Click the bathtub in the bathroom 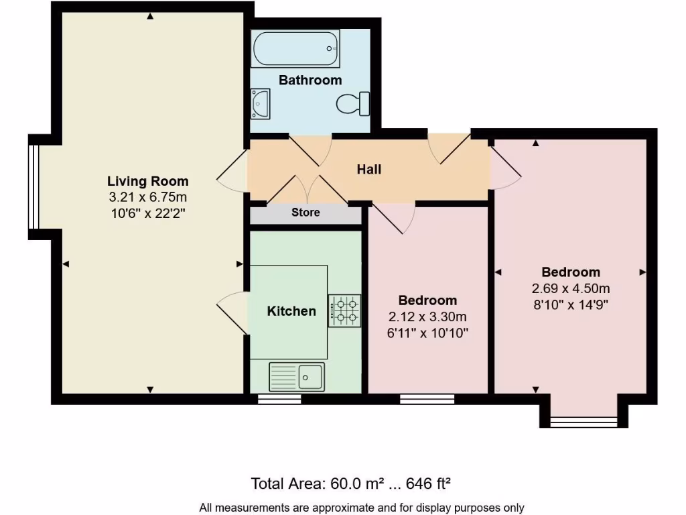click(x=295, y=48)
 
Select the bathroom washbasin click(x=261, y=104)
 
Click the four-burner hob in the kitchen click(x=344, y=310)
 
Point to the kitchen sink click(x=297, y=376)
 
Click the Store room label click(x=305, y=213)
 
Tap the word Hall click(x=368, y=170)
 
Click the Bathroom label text click(x=310, y=80)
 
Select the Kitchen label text click(x=291, y=311)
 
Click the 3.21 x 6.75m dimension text click(x=148, y=198)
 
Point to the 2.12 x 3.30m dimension click(x=427, y=317)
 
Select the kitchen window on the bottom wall click(x=279, y=399)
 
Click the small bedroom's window click(x=427, y=399)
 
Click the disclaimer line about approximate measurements click(x=362, y=508)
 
